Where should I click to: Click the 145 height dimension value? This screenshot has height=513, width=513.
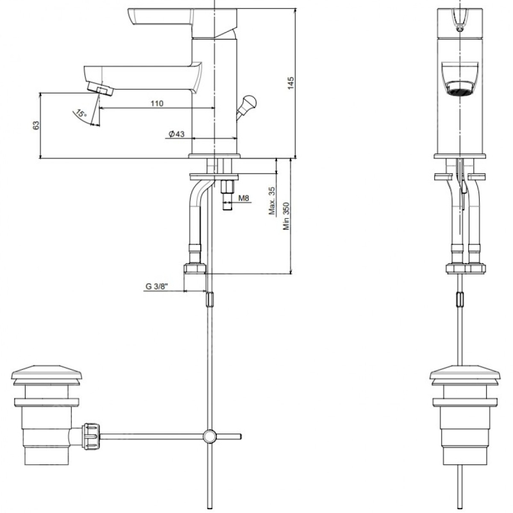[x=290, y=83]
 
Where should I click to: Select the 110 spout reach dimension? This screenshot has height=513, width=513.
[x=157, y=103]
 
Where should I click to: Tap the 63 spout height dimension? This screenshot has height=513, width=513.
[x=36, y=125]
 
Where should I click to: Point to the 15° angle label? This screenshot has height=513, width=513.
[x=81, y=114]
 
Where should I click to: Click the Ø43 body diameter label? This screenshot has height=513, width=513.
[x=177, y=134]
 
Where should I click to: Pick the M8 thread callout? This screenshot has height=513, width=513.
[x=244, y=198]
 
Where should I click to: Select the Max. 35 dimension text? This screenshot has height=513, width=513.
[x=272, y=201]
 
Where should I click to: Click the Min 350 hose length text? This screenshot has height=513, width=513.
[x=286, y=216]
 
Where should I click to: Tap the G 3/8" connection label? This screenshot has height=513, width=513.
[x=156, y=287]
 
